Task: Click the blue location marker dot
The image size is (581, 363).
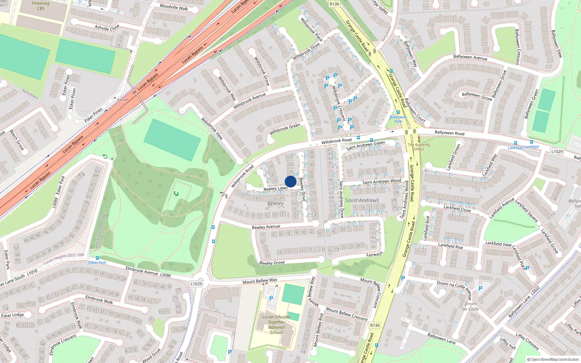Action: [290, 181]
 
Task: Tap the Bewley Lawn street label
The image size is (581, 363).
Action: [275, 188]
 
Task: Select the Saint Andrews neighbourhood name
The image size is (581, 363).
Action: [362, 200]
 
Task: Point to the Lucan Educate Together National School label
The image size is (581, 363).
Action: [276, 325]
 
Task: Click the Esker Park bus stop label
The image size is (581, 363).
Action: [97, 262]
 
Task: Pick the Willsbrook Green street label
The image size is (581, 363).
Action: [285, 129]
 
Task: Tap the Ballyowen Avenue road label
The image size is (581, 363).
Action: [470, 57]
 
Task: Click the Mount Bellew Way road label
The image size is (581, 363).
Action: [260, 281]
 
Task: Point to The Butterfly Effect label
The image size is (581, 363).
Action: [419, 147]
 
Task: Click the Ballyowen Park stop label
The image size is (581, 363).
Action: [398, 119]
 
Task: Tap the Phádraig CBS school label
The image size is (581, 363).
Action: [41, 6]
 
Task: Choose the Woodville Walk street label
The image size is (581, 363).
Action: [174, 7]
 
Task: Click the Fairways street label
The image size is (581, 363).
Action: [374, 254]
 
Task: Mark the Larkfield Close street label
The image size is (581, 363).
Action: [457, 208]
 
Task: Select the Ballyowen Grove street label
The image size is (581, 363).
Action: [477, 96]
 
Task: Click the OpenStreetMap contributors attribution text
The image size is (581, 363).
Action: [553, 359]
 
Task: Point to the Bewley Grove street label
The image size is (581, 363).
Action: [272, 262]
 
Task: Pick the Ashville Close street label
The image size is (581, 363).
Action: [107, 28]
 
